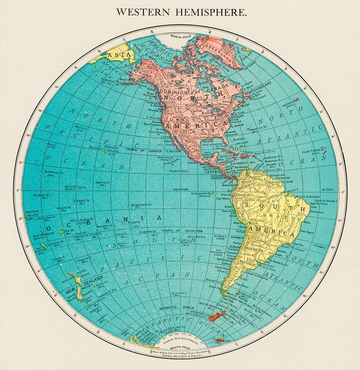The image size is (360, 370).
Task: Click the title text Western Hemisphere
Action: (x=181, y=12)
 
